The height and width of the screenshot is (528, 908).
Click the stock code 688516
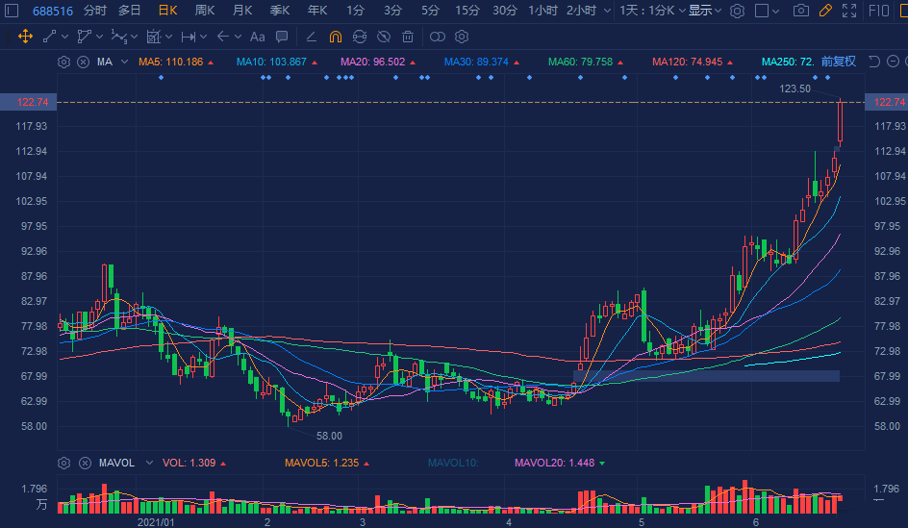click(54, 11)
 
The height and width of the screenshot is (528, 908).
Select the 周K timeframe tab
click(205, 11)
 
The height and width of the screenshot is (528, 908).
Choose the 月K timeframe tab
click(242, 11)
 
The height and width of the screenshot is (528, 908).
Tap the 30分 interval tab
click(504, 11)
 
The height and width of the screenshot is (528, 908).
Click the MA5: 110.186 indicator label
click(171, 62)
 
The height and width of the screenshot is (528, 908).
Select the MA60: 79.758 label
click(580, 62)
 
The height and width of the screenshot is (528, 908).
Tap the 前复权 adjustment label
click(838, 62)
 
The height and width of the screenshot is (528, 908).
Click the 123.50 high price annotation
click(794, 88)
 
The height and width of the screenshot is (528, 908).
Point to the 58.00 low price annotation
click(329, 436)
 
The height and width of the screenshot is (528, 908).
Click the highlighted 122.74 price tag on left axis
click(29, 102)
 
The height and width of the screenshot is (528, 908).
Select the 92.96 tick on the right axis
click(886, 252)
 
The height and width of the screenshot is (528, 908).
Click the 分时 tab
click(95, 11)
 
